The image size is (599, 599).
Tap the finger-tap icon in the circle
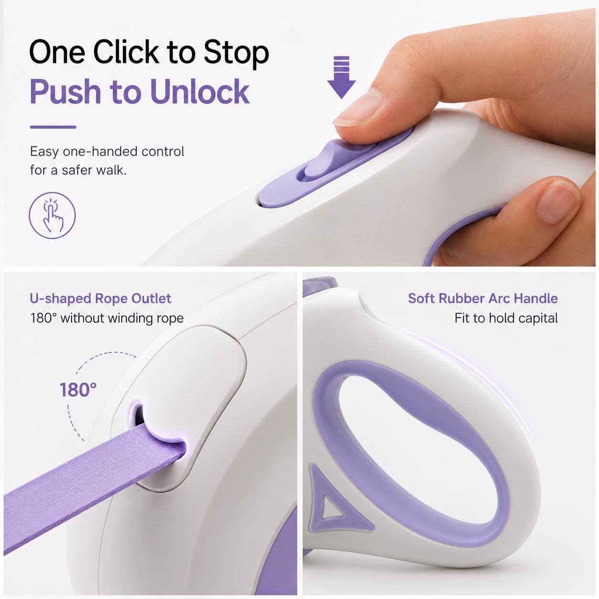click(52, 215)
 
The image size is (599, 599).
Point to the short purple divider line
click(53, 127)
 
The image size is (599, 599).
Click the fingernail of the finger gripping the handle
click(558, 202)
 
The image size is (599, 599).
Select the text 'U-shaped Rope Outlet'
click(100, 299)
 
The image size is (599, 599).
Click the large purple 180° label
click(78, 390)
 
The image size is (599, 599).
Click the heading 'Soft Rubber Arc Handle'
click(483, 299)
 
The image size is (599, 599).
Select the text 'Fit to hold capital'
click(506, 318)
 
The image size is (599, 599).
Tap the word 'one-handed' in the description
click(100, 152)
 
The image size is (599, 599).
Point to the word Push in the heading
click(65, 92)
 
